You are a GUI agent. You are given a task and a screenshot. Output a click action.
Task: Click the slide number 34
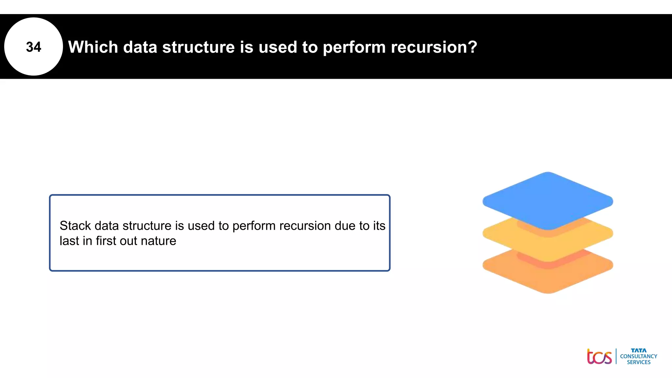pyautogui.click(x=33, y=47)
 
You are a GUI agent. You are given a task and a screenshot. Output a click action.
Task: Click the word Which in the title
pyautogui.click(x=93, y=47)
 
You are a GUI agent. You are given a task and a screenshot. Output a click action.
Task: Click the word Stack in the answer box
pyautogui.click(x=75, y=226)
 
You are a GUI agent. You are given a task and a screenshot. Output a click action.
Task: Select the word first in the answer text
pyautogui.click(x=106, y=241)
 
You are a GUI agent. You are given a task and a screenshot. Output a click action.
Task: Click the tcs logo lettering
pyautogui.click(x=599, y=357)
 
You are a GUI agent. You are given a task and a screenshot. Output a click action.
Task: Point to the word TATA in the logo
pyautogui.click(x=639, y=350)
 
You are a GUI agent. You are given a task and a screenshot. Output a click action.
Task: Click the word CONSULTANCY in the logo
pyautogui.click(x=639, y=356)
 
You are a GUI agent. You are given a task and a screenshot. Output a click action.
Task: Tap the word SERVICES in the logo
pyautogui.click(x=639, y=362)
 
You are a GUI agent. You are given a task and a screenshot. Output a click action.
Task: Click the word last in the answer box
pyautogui.click(x=69, y=241)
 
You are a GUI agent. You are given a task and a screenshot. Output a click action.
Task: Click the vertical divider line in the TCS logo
pyautogui.click(x=616, y=356)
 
